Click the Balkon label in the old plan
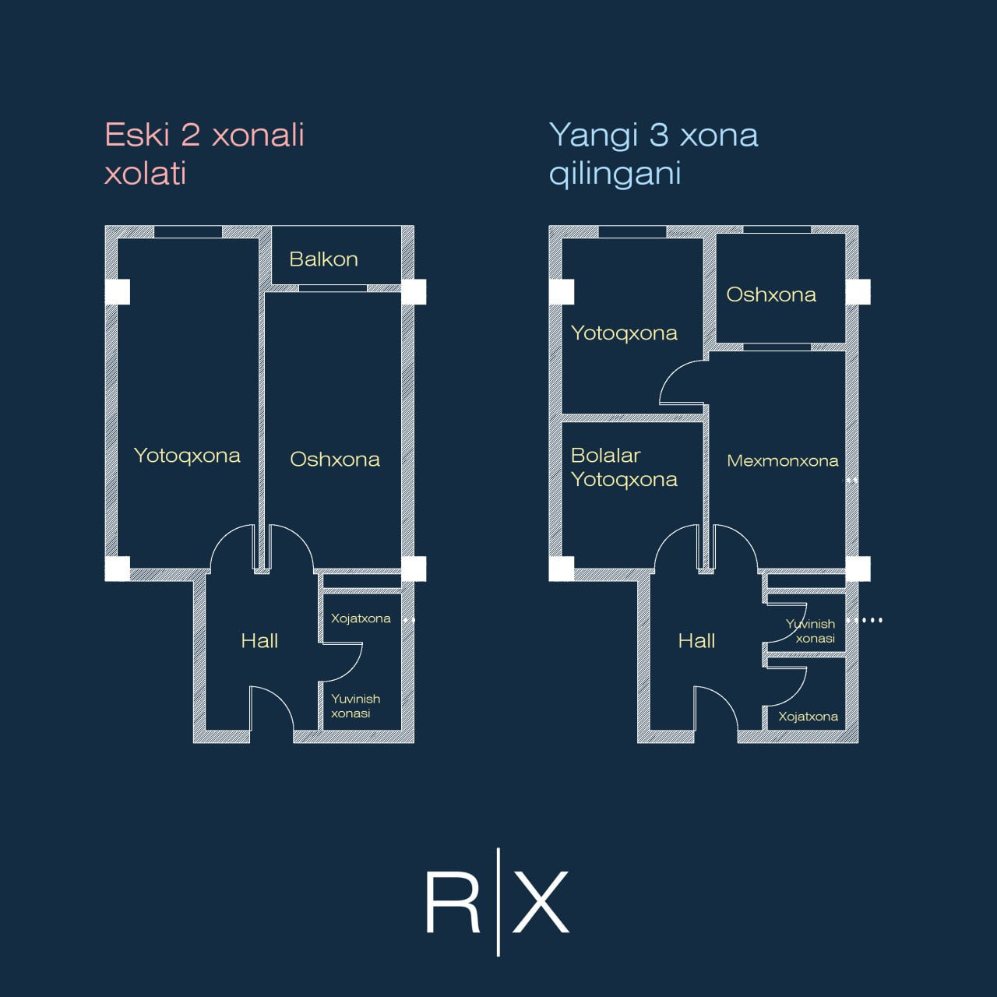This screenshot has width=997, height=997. click(323, 259)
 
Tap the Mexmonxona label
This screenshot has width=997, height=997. click(782, 460)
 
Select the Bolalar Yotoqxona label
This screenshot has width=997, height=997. click(624, 467)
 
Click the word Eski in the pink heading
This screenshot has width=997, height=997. click(137, 135)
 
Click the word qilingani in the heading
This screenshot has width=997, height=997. click(615, 174)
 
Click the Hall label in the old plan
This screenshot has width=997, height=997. click(259, 641)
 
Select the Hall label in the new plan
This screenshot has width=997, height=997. click(696, 641)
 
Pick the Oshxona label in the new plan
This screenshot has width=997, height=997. click(771, 294)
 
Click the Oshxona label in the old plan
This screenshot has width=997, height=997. click(335, 459)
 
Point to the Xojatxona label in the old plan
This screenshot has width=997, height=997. click(361, 618)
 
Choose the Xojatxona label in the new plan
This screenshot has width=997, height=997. click(809, 717)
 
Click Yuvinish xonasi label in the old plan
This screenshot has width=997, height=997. click(355, 706)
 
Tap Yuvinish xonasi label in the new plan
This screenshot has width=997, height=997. click(810, 631)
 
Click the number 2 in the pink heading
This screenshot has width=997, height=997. click(190, 135)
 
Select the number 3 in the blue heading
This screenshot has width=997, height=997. click(659, 135)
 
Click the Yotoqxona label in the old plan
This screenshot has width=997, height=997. click(187, 456)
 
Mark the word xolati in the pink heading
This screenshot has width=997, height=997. click(146, 174)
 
